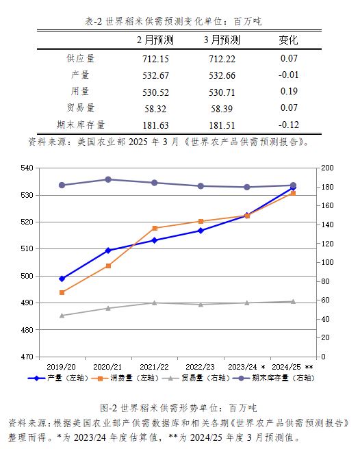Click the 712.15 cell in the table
[x=155, y=59]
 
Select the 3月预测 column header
[x=222, y=40]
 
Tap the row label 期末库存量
[x=81, y=125]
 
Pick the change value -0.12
[x=289, y=125]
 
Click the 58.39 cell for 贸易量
[x=222, y=109]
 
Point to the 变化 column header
[x=289, y=40]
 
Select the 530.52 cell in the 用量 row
[x=155, y=92]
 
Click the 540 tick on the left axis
[x=27, y=168]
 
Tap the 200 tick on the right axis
[x=327, y=168]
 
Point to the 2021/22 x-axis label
[x=154, y=367]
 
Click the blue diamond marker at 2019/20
[x=62, y=279]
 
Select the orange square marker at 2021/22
[x=155, y=228]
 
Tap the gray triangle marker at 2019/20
[x=62, y=316]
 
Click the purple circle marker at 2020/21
[x=108, y=179]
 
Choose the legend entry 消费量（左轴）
[x=125, y=378]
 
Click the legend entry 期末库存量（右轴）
[x=274, y=378]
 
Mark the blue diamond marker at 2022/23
[x=201, y=231]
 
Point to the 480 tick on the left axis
[x=27, y=330]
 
